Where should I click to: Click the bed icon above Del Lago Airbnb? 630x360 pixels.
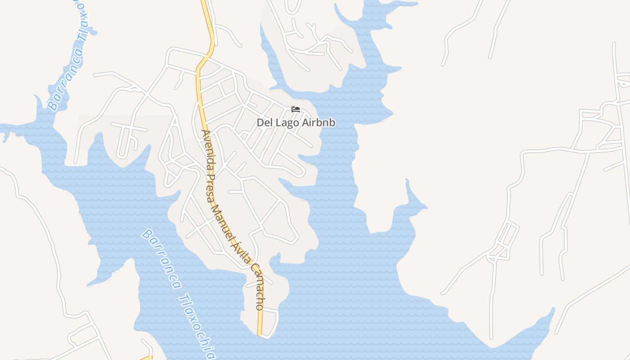click(x=296, y=109)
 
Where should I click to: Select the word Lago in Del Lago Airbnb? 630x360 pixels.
click(x=284, y=122)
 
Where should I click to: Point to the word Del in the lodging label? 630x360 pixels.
click(x=264, y=122)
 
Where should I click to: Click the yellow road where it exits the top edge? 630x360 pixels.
click(x=204, y=2)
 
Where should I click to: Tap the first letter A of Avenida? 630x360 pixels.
click(x=205, y=134)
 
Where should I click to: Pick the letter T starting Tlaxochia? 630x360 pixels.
click(x=183, y=297)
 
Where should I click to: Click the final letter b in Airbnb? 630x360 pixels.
click(x=332, y=122)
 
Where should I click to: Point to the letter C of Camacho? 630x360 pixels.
click(x=255, y=268)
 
